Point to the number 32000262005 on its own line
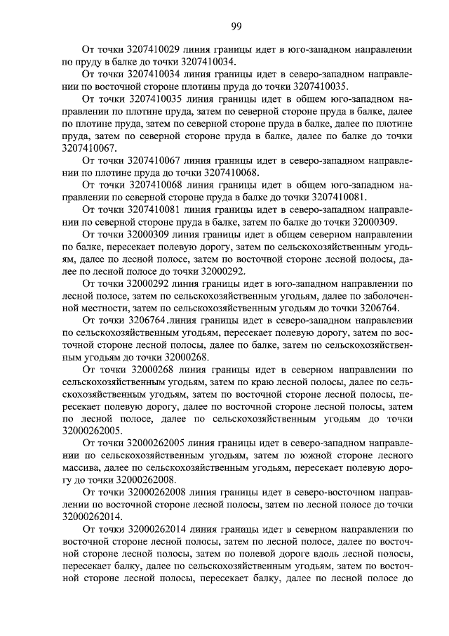coord(92,430)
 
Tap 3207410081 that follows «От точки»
coord(154,209)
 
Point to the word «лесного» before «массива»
coord(384,455)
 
